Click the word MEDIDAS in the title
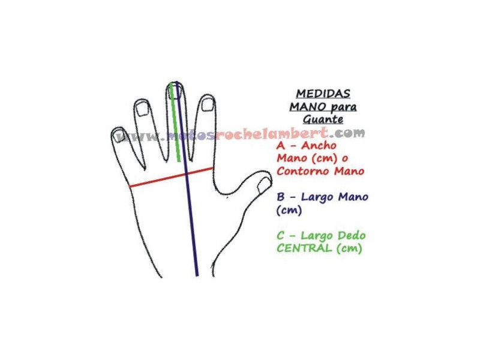tap(323, 94)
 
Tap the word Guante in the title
tap(323, 119)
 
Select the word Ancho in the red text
tap(319, 145)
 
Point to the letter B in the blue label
tap(280, 197)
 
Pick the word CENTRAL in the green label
tap(304, 248)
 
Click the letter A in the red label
tap(280, 145)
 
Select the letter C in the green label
tap(280, 235)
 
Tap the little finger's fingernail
tap(118, 136)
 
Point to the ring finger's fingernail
tap(142, 109)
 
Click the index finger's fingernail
tap(208, 104)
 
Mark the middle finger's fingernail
tap(175, 92)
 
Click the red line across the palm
tap(171, 177)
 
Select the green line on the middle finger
tap(175, 122)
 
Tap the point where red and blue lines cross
tap(187, 174)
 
